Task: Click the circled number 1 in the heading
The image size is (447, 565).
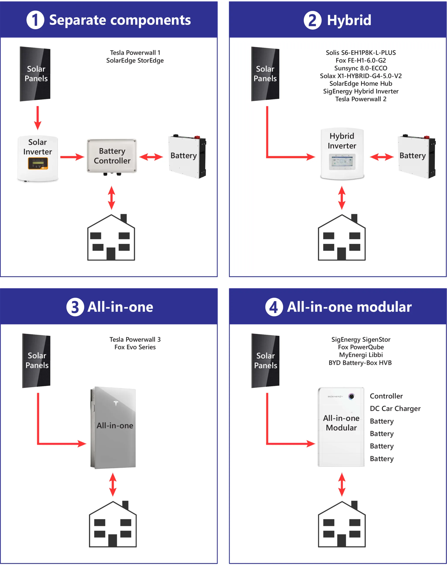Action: (35, 20)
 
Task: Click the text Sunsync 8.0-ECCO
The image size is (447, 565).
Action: (361, 68)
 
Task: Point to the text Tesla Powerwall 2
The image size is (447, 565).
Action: (361, 99)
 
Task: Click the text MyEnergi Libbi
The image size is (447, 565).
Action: (361, 355)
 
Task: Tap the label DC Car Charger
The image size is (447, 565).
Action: (395, 409)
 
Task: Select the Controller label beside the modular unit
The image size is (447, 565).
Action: (386, 396)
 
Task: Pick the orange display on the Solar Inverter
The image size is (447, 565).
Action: (38, 163)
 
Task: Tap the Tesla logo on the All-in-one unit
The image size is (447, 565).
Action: (116, 403)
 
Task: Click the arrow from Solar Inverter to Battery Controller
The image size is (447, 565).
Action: (72, 157)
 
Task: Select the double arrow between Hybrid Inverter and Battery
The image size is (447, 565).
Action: (381, 157)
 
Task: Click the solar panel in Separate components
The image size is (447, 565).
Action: (35, 74)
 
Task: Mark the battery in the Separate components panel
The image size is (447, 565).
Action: (187, 156)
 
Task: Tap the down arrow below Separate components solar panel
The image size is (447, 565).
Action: (38, 118)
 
